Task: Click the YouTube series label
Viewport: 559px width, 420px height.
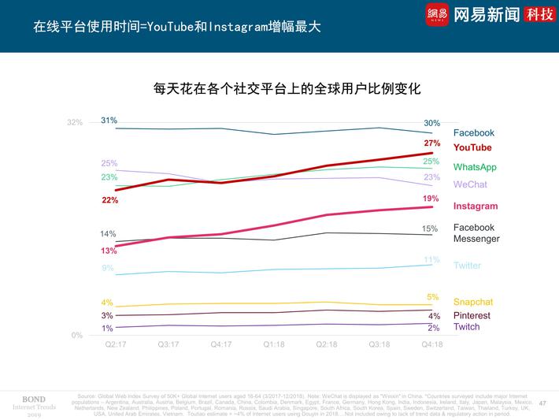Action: point(472,147)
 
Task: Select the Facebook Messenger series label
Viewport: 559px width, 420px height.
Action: point(476,233)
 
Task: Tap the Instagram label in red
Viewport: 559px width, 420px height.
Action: point(476,206)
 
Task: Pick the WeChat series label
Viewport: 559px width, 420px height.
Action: point(470,184)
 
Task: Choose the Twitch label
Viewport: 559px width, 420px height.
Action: point(466,327)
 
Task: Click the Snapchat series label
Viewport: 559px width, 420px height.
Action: point(473,302)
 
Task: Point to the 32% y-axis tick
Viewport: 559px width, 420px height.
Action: point(75,123)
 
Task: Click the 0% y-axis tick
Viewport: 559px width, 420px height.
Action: point(77,336)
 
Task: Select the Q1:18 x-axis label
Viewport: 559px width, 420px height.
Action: point(273,344)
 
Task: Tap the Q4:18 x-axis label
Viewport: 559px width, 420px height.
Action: point(431,344)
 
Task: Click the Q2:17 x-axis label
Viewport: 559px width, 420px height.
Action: point(115,344)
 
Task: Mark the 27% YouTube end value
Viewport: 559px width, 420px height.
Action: point(431,143)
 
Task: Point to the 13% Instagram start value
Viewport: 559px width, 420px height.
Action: point(109,251)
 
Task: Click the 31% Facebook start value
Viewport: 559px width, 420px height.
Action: point(109,120)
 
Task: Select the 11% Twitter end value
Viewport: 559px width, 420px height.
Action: point(431,260)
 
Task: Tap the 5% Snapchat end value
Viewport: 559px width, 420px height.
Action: point(432,297)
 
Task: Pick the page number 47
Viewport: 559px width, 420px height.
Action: point(542,403)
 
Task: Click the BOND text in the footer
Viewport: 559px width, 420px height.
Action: point(33,399)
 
